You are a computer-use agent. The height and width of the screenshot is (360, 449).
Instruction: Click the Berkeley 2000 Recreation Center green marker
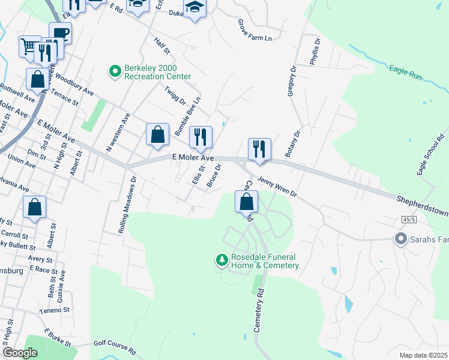(115, 71)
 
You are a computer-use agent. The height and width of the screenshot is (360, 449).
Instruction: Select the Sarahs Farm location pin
(400, 239)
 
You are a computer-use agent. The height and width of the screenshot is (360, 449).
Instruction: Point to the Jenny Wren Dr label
(277, 186)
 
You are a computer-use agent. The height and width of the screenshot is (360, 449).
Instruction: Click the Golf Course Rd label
(115, 347)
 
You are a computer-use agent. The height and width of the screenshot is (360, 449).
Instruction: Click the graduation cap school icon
(194, 8)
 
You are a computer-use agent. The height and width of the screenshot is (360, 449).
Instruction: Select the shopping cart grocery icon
(29, 46)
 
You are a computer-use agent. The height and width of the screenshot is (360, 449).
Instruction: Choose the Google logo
(20, 353)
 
